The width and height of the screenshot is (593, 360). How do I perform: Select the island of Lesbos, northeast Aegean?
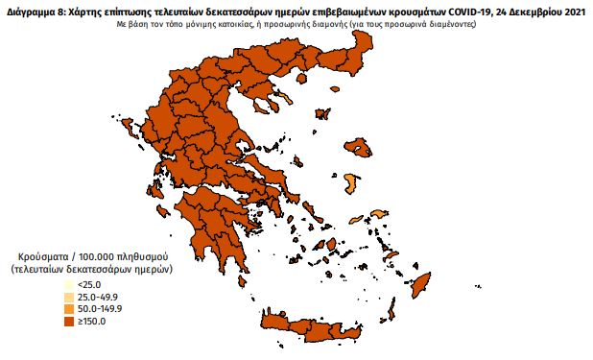point(358,148)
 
